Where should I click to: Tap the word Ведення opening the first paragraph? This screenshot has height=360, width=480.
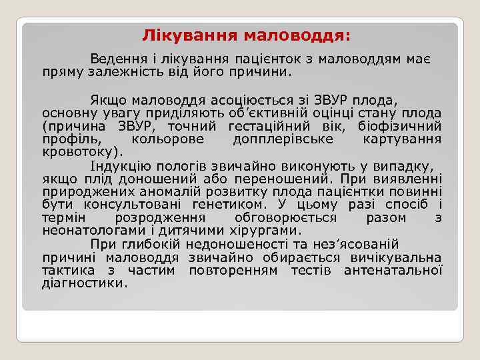[x=116, y=58]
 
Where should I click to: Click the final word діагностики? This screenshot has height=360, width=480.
[x=83, y=283]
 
